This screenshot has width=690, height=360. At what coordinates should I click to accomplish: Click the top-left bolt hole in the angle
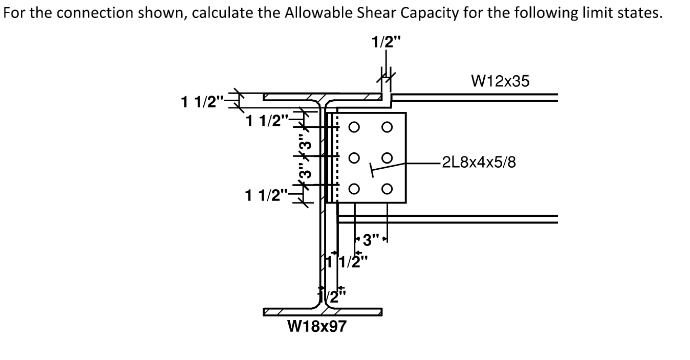click(354, 129)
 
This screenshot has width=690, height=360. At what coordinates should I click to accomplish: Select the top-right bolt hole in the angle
click(386, 129)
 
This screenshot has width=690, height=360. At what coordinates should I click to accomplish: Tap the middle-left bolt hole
click(354, 160)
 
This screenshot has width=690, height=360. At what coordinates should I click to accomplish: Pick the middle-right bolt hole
click(386, 160)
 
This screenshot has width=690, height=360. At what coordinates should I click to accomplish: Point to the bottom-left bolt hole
click(354, 190)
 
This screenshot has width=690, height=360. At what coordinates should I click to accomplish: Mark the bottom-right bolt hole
click(386, 190)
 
